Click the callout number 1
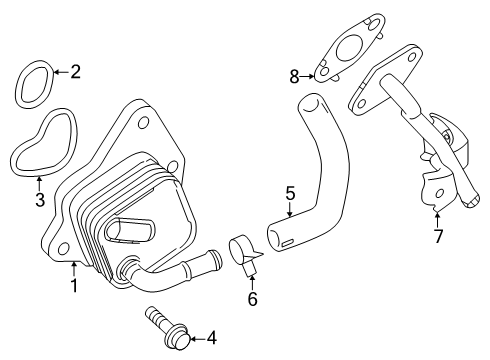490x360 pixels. (73, 286)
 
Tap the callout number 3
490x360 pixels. (39, 198)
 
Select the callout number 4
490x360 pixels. (210, 338)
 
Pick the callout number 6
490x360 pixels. (251, 298)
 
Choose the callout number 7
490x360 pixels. (437, 236)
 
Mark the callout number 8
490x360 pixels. (294, 75)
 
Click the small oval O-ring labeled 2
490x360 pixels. (34, 83)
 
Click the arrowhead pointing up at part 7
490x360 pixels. (437, 212)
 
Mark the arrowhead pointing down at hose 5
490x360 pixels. (289, 213)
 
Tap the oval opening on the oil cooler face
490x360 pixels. (125, 231)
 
